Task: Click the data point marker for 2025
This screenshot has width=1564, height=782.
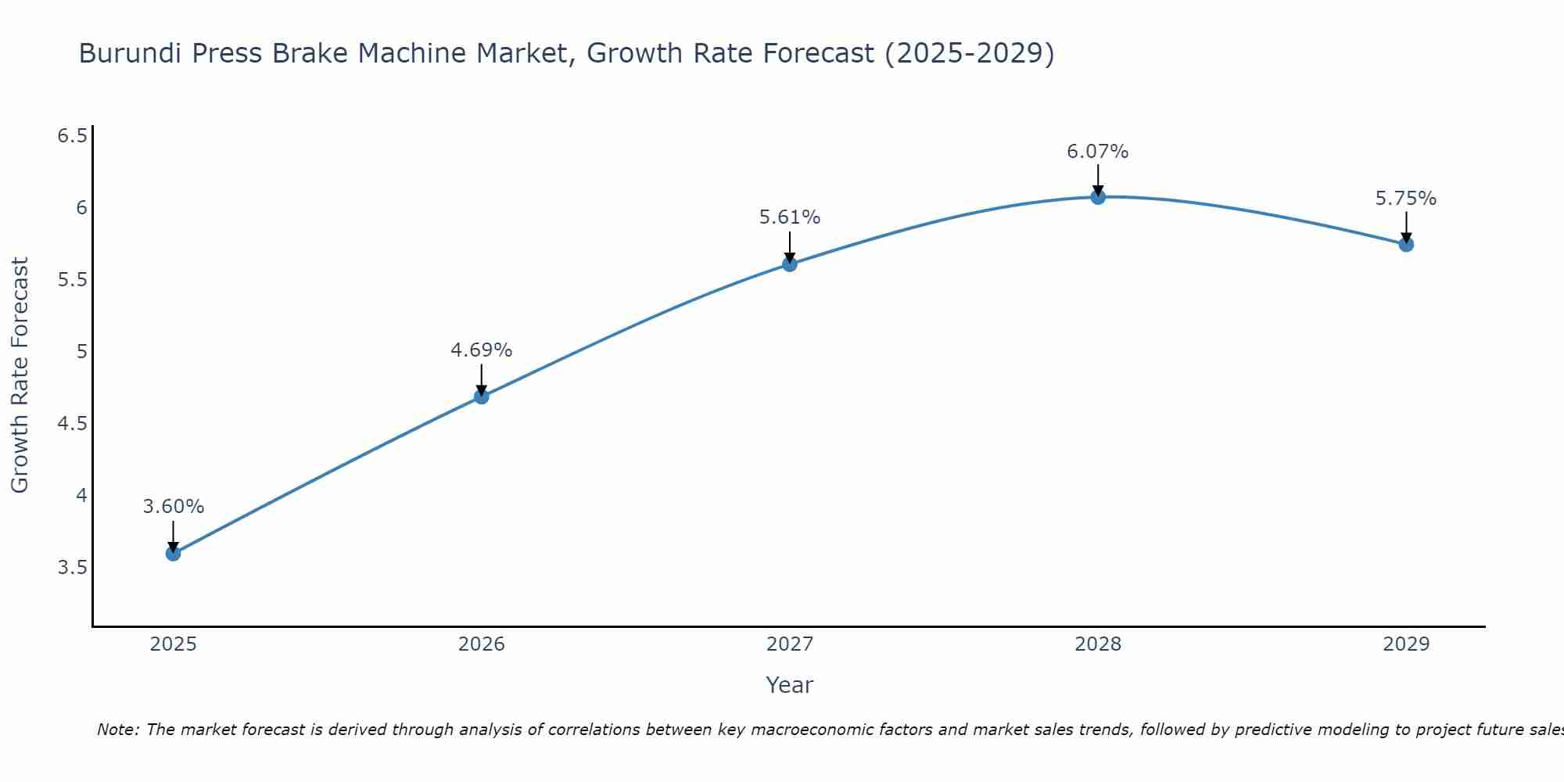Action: pyautogui.click(x=173, y=554)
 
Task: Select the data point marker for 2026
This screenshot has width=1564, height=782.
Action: pyautogui.click(x=481, y=396)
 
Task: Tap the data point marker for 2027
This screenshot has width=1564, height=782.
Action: pyautogui.click(x=789, y=264)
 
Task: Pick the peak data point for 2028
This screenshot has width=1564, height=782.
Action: pyautogui.click(x=1097, y=197)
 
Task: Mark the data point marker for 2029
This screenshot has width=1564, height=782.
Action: pyautogui.click(x=1405, y=245)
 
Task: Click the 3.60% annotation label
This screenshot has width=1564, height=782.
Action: pyautogui.click(x=173, y=507)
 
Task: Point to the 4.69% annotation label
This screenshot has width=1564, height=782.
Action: pyautogui.click(x=481, y=350)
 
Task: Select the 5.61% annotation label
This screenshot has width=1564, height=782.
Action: pyautogui.click(x=789, y=217)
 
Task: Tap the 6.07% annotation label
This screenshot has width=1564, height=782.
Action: pyautogui.click(x=1097, y=152)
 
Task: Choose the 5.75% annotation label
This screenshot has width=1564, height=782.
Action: pyautogui.click(x=1405, y=199)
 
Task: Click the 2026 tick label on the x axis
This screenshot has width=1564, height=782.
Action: pyautogui.click(x=481, y=644)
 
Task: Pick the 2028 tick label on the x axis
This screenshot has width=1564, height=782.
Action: pyautogui.click(x=1097, y=644)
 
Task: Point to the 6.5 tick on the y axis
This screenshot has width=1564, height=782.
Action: pyautogui.click(x=72, y=136)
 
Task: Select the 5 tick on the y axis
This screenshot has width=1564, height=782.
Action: pyautogui.click(x=81, y=352)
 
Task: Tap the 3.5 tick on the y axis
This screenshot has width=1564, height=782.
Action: pyautogui.click(x=72, y=568)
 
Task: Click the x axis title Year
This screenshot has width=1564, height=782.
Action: pyautogui.click(x=789, y=685)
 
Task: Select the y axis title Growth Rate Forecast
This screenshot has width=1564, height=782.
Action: pyautogui.click(x=20, y=375)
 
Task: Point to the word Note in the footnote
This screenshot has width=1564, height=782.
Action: pyautogui.click(x=117, y=730)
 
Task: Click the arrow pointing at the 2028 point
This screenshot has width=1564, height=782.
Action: pyautogui.click(x=1097, y=180)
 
